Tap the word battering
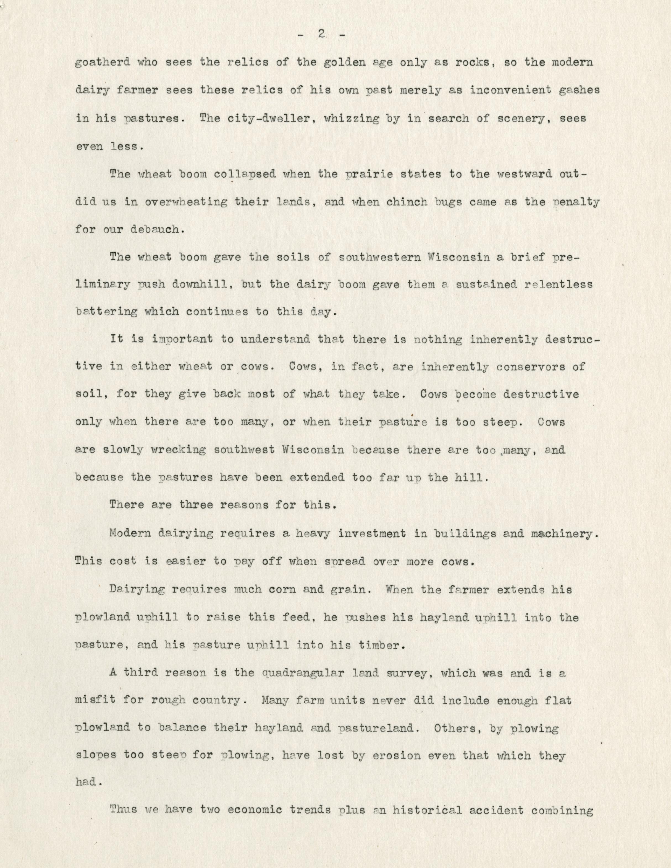click(x=106, y=312)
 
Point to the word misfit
click(x=95, y=700)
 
